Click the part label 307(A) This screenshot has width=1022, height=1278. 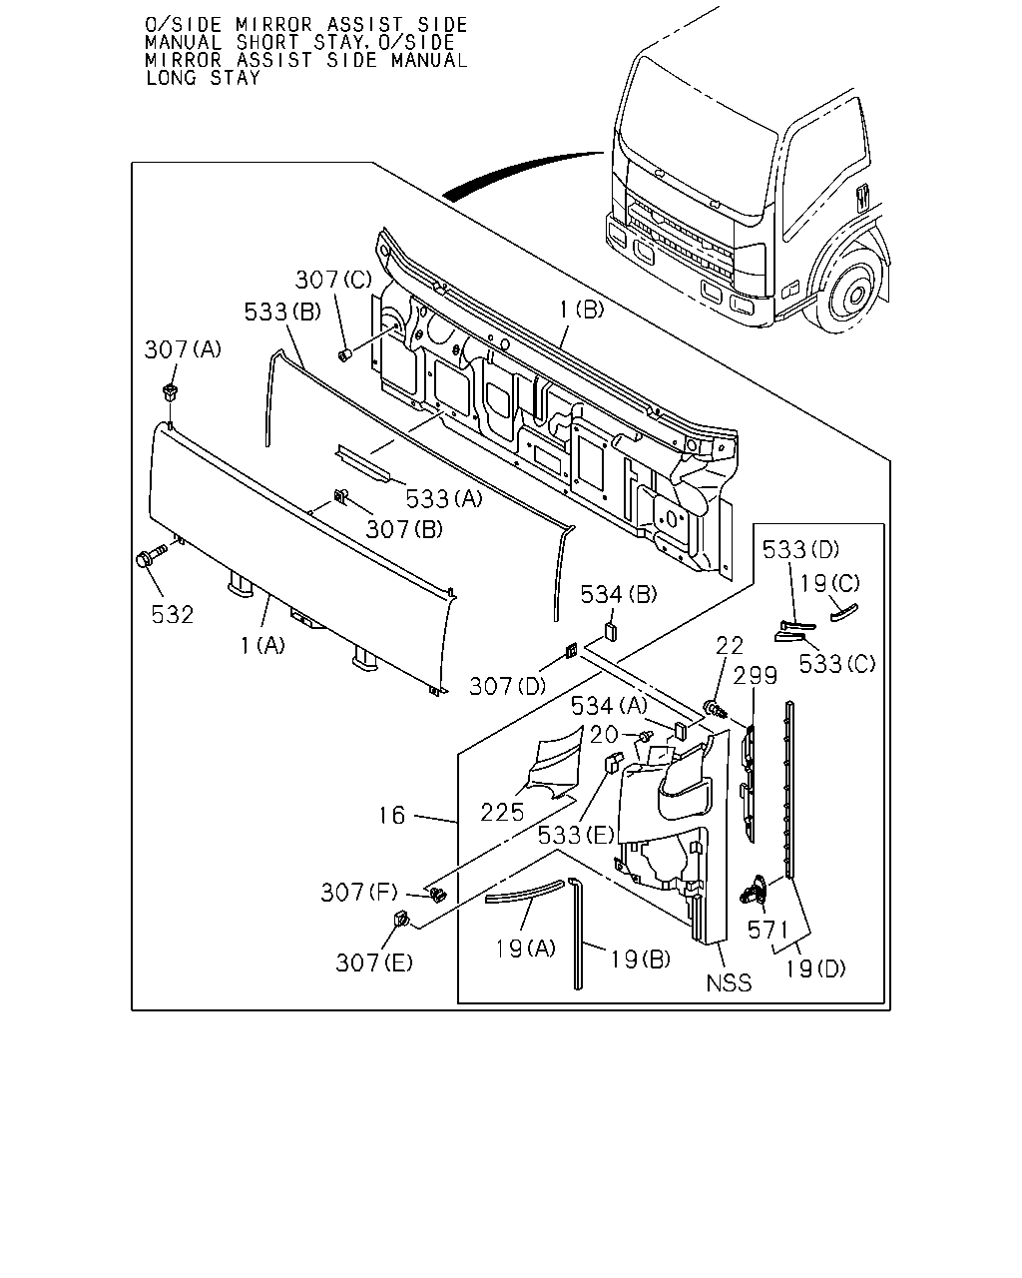point(183,349)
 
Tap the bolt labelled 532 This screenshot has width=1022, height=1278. point(151,556)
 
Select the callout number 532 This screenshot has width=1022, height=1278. point(173,615)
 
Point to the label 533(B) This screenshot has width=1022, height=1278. point(282,312)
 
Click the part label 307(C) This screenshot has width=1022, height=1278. point(333,280)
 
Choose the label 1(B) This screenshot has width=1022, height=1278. point(581,310)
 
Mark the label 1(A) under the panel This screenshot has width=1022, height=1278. point(262,645)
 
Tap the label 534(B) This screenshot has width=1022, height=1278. point(618,594)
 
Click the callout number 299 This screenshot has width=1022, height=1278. point(755,676)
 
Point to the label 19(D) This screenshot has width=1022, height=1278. point(815,968)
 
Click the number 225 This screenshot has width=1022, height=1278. point(502,813)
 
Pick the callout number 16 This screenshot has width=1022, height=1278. point(392,815)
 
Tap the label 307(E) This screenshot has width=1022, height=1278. point(374,962)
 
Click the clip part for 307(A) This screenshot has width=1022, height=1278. point(171,392)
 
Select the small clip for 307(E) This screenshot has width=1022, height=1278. point(401,920)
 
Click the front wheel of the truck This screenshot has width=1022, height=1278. point(854,293)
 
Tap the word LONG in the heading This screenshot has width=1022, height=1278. point(171,78)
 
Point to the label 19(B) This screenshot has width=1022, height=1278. point(640,958)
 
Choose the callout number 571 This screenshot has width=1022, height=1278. point(767,930)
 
